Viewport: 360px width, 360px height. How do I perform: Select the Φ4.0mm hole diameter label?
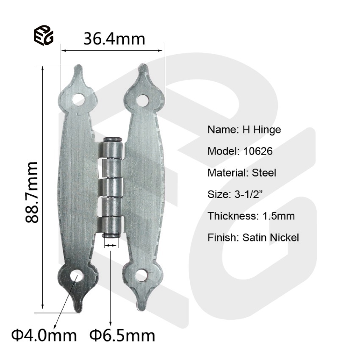click(x=44, y=335)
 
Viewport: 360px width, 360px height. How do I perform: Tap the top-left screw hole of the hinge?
click(x=78, y=100)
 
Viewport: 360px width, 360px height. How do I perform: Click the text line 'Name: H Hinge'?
click(x=244, y=130)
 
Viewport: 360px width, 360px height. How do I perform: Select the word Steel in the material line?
click(x=264, y=173)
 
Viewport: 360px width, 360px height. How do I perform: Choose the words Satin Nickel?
click(x=271, y=238)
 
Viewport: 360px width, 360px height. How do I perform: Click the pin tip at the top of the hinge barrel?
click(x=113, y=139)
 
